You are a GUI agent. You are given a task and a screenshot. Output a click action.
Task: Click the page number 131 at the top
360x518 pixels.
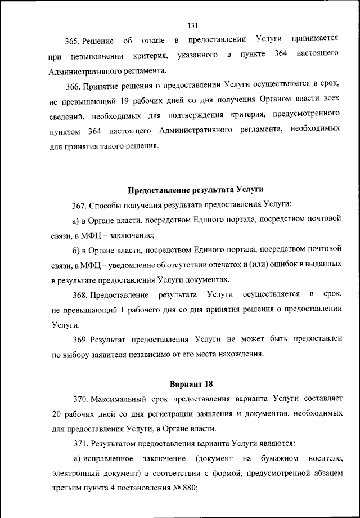tap(191, 25)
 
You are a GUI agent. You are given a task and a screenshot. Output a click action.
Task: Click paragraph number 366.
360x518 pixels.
tap(73, 87)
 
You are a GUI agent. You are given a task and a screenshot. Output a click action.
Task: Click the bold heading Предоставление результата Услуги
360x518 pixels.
tap(196, 189)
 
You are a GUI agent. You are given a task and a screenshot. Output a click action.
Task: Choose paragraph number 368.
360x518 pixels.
tap(73, 295)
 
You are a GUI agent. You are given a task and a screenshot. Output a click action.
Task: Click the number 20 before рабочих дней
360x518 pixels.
tap(55, 414)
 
